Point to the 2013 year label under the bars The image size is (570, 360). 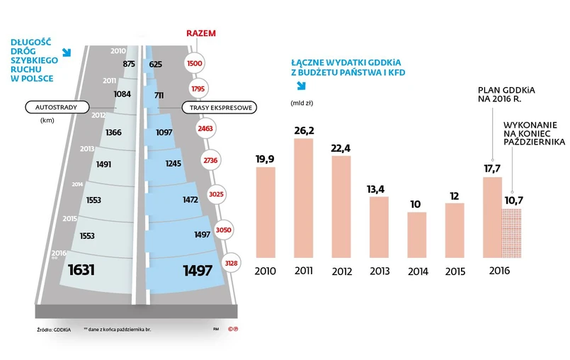(x=379, y=271)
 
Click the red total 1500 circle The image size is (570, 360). (x=194, y=64)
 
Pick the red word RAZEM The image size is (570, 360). (x=200, y=33)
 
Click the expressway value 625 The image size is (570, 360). (x=156, y=64)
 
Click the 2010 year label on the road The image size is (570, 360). (x=118, y=50)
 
